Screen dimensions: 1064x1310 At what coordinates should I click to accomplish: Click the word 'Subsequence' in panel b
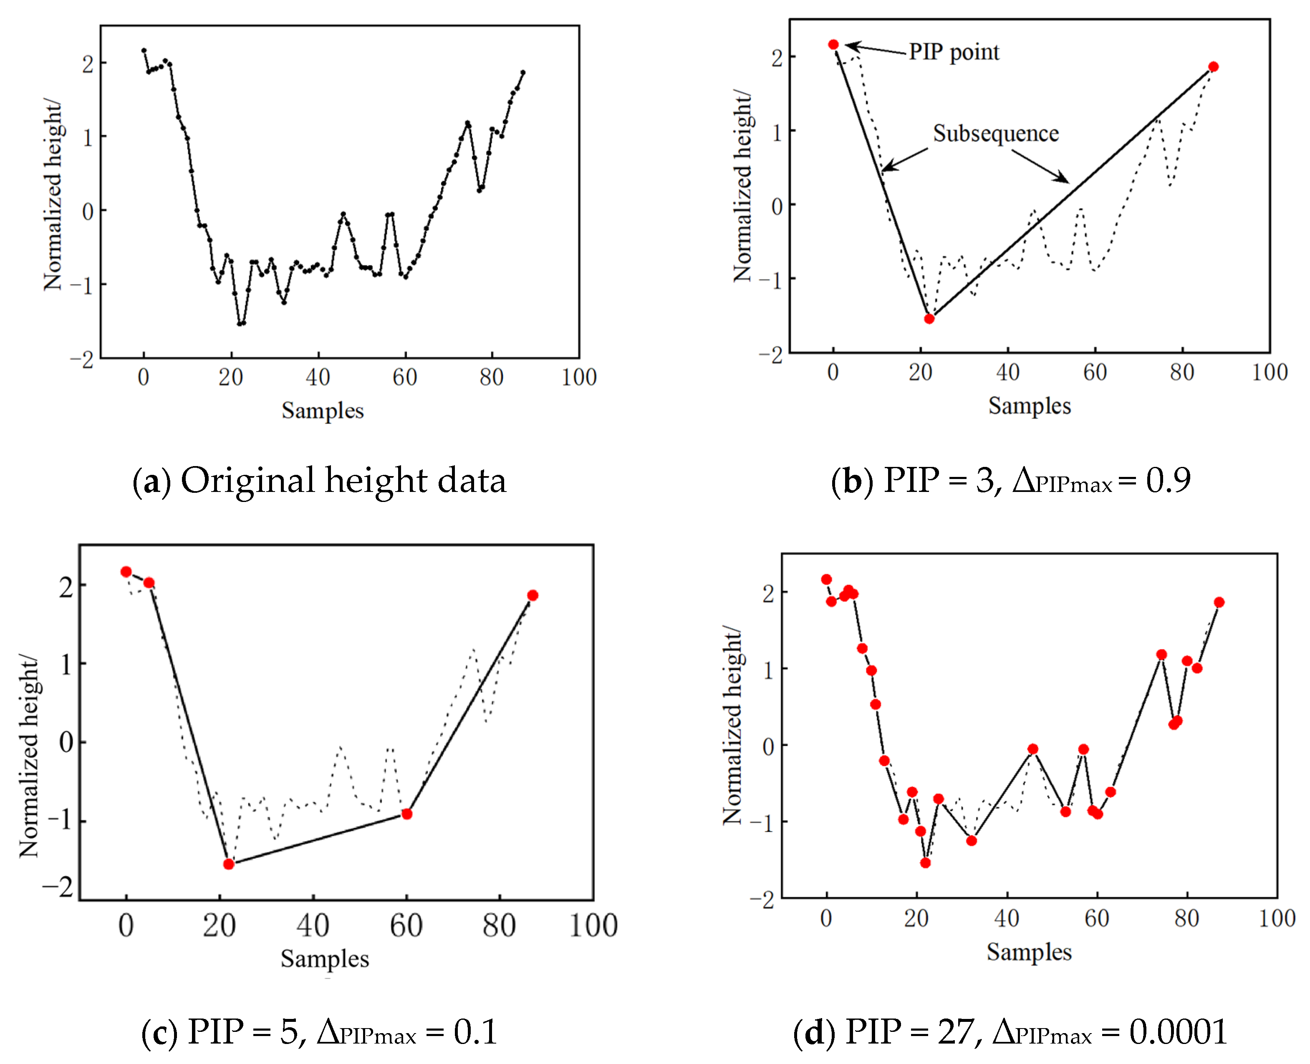995,134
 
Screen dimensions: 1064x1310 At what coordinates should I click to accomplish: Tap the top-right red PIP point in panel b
1213,67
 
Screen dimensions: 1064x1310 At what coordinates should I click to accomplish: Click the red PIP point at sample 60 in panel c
406,814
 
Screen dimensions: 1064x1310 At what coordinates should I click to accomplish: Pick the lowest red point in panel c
229,864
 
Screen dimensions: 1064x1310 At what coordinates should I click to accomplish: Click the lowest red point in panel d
926,863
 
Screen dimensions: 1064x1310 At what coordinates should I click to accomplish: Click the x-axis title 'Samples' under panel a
323,411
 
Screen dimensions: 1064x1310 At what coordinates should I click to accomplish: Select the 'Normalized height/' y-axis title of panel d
732,725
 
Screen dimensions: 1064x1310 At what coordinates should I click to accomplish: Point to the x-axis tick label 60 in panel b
1095,373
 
